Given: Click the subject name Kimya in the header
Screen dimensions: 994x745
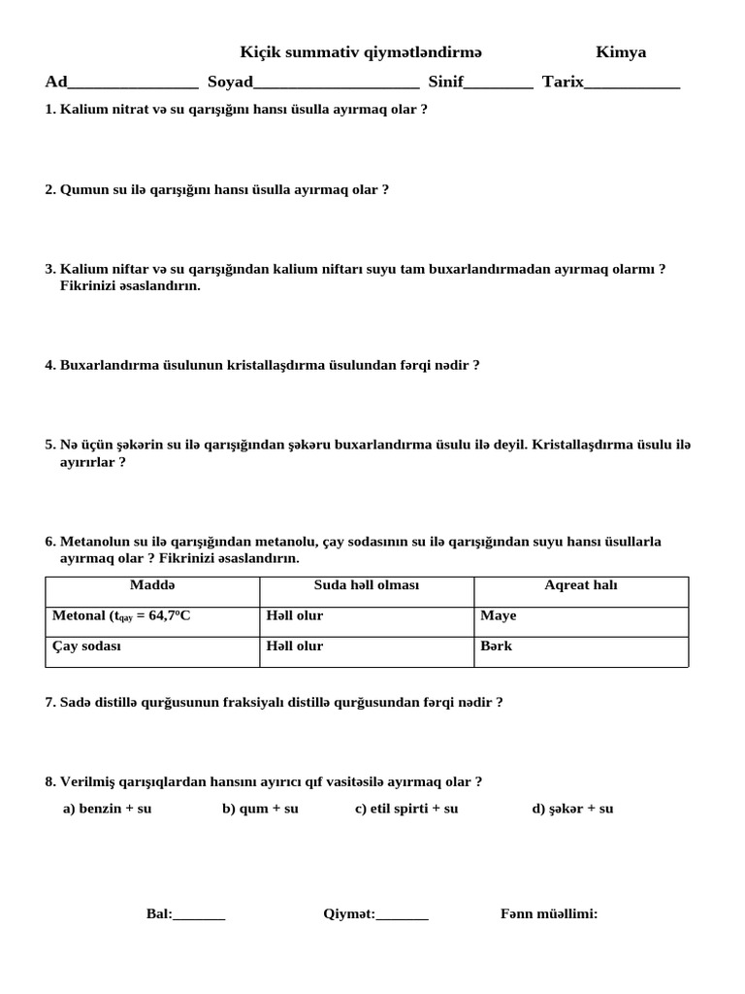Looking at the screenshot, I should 621,52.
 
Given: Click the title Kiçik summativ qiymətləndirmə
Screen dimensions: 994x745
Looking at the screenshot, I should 361,52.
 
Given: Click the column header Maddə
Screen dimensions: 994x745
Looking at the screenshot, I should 152,585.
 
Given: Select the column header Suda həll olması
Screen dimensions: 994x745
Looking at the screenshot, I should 367,585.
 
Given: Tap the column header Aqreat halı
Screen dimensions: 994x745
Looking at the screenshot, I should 580,585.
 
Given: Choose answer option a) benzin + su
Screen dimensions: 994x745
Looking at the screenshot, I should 107,809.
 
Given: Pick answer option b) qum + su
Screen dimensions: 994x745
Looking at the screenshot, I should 260,809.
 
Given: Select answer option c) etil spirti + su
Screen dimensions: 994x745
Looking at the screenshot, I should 406,809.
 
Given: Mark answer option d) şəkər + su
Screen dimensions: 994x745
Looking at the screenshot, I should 572,809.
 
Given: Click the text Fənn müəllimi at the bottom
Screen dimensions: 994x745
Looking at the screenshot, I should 549,913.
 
